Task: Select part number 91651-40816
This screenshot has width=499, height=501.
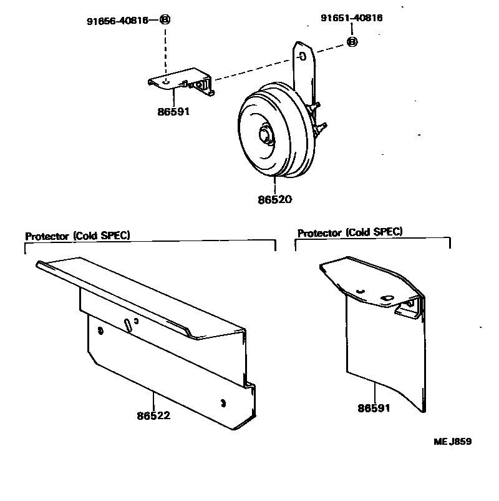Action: tap(351, 18)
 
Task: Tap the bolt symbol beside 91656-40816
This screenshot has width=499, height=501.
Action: tap(165, 20)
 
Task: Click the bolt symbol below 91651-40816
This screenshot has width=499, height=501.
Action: tap(352, 42)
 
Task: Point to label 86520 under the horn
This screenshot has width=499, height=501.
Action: tap(274, 200)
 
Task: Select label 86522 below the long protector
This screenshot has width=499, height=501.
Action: tap(153, 414)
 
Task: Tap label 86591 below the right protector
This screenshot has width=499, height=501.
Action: tap(375, 409)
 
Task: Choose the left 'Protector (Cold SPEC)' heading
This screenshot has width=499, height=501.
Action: tap(77, 236)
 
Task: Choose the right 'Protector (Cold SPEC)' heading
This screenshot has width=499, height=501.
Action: tap(349, 232)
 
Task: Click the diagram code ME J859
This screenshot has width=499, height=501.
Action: tap(452, 441)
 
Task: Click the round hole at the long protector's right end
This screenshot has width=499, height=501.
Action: tap(223, 400)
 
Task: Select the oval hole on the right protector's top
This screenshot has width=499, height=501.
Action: tap(386, 297)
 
